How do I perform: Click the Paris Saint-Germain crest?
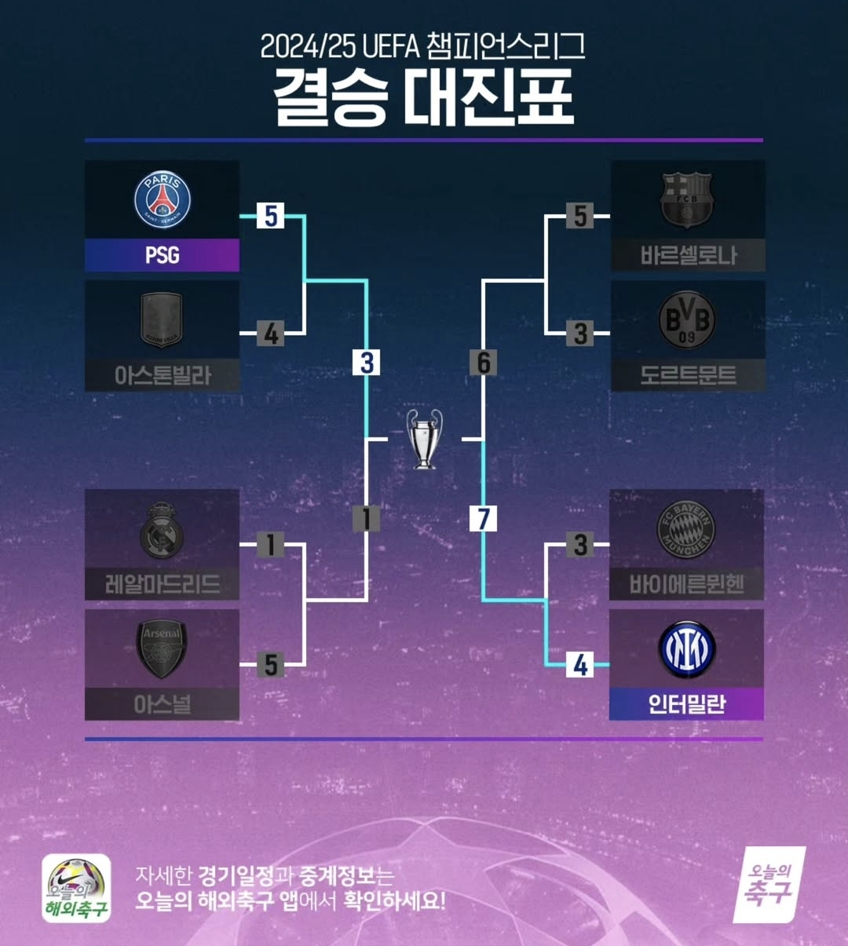point(162,199)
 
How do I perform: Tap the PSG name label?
point(162,255)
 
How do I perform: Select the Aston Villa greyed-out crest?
point(162,320)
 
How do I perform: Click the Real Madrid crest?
point(162,530)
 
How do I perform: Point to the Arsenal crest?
point(162,649)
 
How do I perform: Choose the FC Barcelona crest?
point(686,200)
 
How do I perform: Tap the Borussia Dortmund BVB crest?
point(686,320)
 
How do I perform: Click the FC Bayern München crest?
point(686,529)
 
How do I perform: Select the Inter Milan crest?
point(686,649)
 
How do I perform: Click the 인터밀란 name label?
point(686,704)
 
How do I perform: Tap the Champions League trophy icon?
point(424,439)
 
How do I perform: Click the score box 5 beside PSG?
point(270,216)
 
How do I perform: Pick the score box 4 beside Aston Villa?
point(270,334)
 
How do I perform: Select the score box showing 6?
point(484,362)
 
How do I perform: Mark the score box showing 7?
point(484,518)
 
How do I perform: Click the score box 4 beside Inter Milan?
point(580,664)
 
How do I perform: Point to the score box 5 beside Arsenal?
point(271,664)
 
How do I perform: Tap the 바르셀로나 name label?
point(688,255)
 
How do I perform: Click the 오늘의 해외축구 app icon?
point(76,888)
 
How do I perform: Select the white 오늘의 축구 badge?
point(769,885)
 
